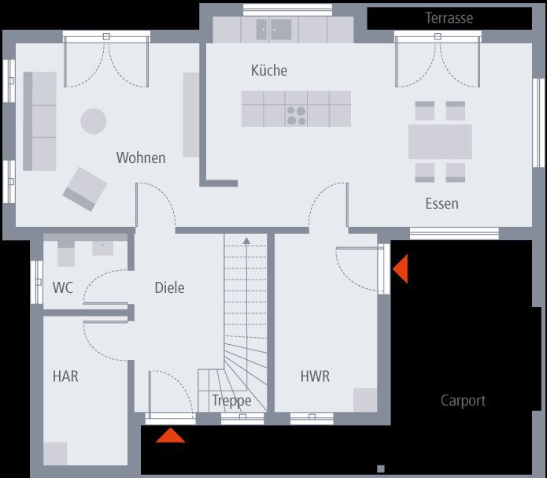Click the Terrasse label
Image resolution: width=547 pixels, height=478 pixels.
tap(449, 17)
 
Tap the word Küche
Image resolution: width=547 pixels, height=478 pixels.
tap(269, 70)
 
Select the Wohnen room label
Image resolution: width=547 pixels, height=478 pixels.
tap(141, 157)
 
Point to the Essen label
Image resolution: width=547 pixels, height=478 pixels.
tap(442, 203)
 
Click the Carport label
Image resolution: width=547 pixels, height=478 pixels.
tap(463, 400)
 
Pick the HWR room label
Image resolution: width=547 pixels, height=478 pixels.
tap(315, 376)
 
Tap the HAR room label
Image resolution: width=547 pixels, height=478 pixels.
tap(65, 376)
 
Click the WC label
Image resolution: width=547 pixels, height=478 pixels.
tap(63, 287)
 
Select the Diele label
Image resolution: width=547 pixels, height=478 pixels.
tap(169, 287)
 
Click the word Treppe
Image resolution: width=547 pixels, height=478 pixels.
tap(231, 401)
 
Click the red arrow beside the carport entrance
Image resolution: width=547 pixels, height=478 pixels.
tap(400, 269)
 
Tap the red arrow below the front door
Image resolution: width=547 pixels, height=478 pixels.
tap(171, 435)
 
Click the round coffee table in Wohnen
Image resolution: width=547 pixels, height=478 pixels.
tap(94, 120)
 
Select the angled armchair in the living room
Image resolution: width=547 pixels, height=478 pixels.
tap(85, 189)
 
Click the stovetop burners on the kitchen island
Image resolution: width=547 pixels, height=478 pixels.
tap(296, 116)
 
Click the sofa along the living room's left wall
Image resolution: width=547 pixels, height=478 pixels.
tap(39, 121)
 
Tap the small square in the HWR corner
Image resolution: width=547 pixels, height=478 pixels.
tap(365, 399)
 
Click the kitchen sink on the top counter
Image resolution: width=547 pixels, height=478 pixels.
tap(274, 30)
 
